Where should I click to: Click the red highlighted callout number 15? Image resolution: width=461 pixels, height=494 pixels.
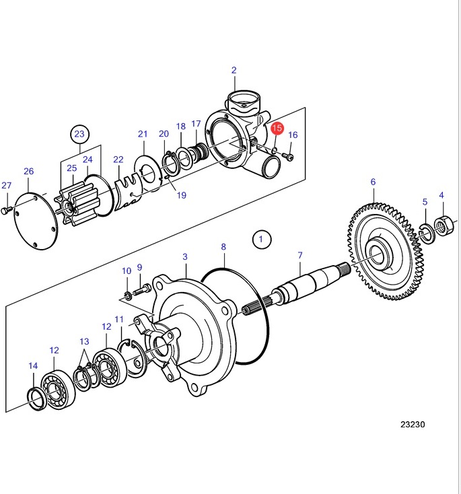[277, 128]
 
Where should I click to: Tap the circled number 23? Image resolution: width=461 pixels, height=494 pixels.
[79, 134]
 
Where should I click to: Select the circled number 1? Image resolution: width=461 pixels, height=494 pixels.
[262, 240]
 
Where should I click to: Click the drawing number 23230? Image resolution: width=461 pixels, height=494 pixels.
[413, 425]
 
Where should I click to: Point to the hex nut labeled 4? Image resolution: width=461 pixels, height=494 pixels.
[444, 225]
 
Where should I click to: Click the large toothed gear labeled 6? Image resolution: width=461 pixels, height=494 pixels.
[384, 252]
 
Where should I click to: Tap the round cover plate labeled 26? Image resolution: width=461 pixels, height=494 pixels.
[36, 221]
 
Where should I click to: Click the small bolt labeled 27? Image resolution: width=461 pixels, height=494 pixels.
[6, 210]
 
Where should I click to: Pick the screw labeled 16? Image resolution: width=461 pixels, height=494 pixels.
[287, 156]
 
